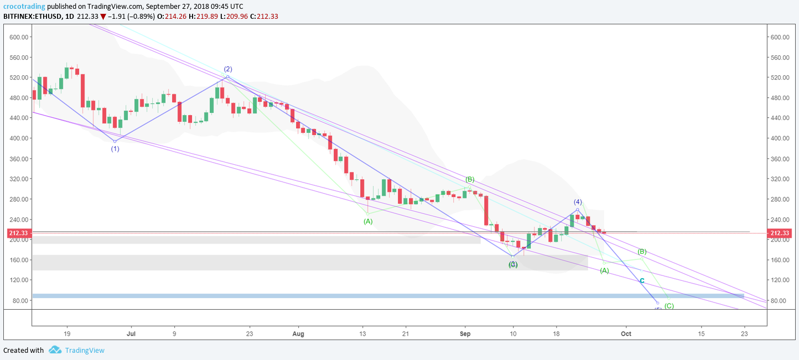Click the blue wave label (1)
115,149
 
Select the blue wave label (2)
227,69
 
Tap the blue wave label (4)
578,202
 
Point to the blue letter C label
642,281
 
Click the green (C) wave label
669,306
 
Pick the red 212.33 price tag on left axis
18,233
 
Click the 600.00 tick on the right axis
779,37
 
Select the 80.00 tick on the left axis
20,301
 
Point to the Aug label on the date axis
298,334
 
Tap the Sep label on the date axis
465,334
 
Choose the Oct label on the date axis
626,334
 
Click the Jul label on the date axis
131,334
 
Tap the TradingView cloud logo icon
55,350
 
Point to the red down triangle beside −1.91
102,17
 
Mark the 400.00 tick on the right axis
779,138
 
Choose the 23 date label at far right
744,334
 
